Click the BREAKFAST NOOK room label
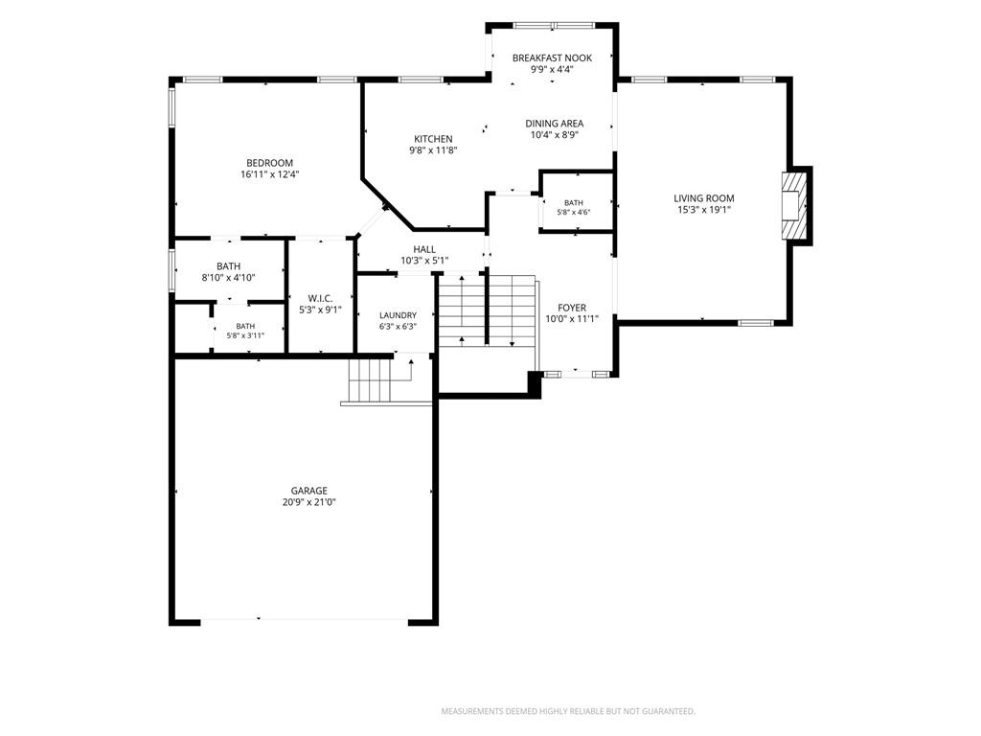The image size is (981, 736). pyautogui.click(x=552, y=58)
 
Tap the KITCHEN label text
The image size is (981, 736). pyautogui.click(x=433, y=139)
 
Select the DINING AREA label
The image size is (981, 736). pyautogui.click(x=555, y=124)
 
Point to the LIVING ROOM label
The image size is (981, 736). pyautogui.click(x=704, y=198)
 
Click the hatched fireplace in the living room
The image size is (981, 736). pyautogui.click(x=794, y=204)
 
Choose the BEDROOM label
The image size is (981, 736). pyautogui.click(x=269, y=163)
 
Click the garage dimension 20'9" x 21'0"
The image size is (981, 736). pyautogui.click(x=309, y=502)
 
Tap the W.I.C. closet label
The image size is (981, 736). pyautogui.click(x=320, y=299)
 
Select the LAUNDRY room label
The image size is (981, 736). pyautogui.click(x=398, y=315)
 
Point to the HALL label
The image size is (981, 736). pyautogui.click(x=424, y=250)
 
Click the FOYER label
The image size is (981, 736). pyautogui.click(x=572, y=308)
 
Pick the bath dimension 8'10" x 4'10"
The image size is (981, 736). pyautogui.click(x=228, y=278)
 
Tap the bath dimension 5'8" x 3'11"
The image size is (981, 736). pyautogui.click(x=245, y=335)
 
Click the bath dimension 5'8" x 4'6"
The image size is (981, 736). pyautogui.click(x=574, y=212)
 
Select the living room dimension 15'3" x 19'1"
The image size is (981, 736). pyautogui.click(x=704, y=210)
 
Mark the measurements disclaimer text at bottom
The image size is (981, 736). pyautogui.click(x=568, y=711)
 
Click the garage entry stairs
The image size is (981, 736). pyautogui.click(x=369, y=380)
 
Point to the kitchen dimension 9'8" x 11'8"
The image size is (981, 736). pyautogui.click(x=433, y=150)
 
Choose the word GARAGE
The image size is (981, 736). pyautogui.click(x=309, y=491)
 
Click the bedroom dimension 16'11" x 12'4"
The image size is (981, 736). pyautogui.click(x=269, y=174)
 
